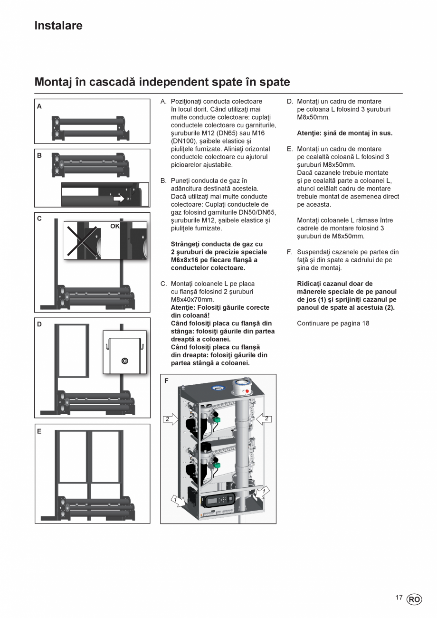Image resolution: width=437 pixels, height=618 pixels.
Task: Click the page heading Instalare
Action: click(58, 26)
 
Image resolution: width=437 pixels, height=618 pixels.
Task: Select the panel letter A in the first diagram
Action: click(39, 106)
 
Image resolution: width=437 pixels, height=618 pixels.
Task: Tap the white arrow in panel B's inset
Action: click(118, 199)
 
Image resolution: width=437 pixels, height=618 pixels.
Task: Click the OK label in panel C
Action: click(115, 226)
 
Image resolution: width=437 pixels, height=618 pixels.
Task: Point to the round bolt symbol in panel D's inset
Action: click(125, 361)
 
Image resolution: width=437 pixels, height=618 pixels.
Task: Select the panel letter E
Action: click(39, 431)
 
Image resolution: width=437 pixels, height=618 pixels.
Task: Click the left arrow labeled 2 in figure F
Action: click(171, 419)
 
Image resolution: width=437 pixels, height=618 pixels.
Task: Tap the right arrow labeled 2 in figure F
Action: click(264, 418)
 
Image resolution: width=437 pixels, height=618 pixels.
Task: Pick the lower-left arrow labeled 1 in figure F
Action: click(178, 499)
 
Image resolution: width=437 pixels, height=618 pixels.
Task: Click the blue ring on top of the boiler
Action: click(218, 389)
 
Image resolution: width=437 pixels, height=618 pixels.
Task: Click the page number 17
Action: click(399, 598)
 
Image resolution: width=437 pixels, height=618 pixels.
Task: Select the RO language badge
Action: click(414, 599)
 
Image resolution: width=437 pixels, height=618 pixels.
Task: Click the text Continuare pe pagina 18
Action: click(333, 323)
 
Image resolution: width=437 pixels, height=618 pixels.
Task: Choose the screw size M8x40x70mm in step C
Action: click(192, 300)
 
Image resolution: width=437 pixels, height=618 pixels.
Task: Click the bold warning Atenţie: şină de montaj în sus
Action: click(344, 133)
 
